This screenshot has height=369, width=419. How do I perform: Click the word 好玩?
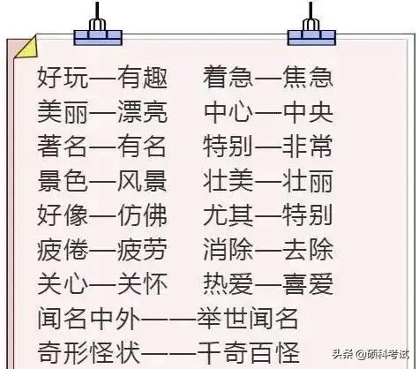63,78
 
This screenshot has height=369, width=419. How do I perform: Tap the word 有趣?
143,78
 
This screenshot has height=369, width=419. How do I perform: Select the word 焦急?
308,77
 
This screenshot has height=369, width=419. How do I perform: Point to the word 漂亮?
143,112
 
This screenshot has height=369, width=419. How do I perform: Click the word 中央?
308,112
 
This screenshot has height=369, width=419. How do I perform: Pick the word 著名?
63,146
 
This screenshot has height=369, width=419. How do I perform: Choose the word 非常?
308,146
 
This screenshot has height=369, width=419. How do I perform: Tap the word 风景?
143,181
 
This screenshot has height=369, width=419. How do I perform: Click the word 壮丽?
308,181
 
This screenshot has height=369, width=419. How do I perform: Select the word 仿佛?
143,215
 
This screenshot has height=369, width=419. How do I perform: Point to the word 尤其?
228,215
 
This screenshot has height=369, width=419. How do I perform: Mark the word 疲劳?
143,250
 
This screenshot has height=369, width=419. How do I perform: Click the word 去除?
308,250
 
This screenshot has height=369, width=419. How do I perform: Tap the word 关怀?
143,284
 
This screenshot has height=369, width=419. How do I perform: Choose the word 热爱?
228,284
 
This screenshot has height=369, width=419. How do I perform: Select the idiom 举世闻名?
248,319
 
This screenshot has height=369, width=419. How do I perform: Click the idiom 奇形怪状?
89,352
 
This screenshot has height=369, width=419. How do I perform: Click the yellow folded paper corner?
27,47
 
